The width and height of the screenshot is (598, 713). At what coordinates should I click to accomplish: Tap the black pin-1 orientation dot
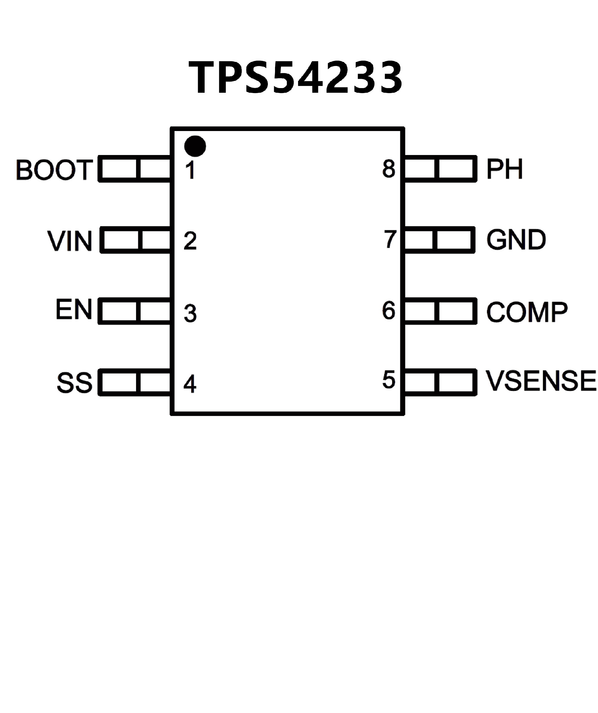point(195,146)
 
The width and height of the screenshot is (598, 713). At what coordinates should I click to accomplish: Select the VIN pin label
point(70,241)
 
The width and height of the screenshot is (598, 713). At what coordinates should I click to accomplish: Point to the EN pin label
point(74,309)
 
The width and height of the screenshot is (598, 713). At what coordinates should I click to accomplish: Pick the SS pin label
point(74,383)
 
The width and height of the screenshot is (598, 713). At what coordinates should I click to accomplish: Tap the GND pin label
point(516,240)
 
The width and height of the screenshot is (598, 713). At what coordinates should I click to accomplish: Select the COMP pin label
point(527,312)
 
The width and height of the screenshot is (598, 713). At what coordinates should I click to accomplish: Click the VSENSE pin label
point(541,381)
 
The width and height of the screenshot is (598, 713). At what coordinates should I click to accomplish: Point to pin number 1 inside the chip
point(191,170)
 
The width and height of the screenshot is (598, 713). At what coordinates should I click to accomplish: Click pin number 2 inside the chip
point(190,241)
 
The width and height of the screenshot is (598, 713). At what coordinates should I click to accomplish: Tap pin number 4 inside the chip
point(190,384)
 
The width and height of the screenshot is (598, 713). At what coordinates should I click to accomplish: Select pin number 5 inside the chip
point(389,380)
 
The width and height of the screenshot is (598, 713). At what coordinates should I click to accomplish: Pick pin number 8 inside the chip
point(389,169)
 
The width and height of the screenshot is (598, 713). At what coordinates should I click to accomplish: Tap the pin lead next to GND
point(439,240)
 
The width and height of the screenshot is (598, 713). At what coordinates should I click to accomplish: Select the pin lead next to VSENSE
point(440,382)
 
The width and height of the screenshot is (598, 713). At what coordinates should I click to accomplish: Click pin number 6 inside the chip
point(389,310)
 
